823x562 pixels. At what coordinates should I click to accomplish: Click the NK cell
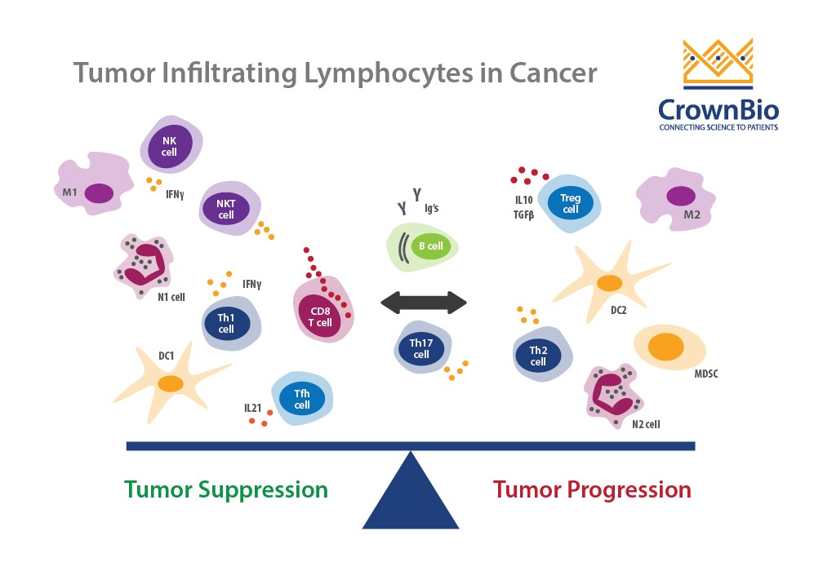click(171, 144)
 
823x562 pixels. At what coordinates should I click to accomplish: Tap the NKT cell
click(229, 209)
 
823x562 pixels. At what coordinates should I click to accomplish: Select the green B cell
click(423, 246)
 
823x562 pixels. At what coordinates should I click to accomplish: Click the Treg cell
click(570, 203)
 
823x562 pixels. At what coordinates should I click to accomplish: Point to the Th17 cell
click(423, 347)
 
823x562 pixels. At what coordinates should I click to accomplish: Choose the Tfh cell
click(302, 399)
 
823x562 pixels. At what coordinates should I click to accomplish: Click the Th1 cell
click(231, 324)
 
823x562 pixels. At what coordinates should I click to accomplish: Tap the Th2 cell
click(542, 354)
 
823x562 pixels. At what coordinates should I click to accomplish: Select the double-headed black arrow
click(424, 303)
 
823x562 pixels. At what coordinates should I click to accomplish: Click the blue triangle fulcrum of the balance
click(411, 490)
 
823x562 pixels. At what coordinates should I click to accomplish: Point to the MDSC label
click(706, 374)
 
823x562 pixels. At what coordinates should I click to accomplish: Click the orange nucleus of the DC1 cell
click(171, 383)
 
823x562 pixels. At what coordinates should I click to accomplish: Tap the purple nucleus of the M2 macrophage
click(681, 196)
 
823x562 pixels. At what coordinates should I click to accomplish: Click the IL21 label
click(252, 408)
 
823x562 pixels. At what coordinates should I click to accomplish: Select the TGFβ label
click(523, 215)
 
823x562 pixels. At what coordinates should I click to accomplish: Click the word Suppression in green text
click(263, 490)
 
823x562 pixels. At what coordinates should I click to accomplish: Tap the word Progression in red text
click(629, 490)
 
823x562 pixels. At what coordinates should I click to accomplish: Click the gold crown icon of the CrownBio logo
click(718, 63)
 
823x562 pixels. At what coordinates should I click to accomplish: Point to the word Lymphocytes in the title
click(389, 73)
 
